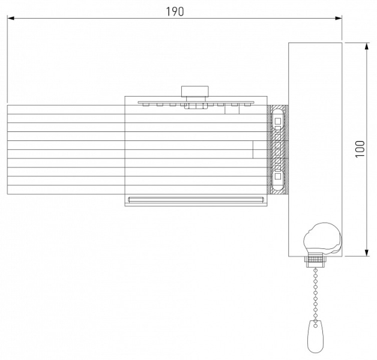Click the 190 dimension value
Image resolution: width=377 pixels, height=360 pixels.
pyautogui.click(x=175, y=11)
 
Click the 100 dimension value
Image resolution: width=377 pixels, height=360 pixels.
pyautogui.click(x=360, y=149)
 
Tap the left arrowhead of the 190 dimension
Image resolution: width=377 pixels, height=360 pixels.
pyautogui.click(x=11, y=18)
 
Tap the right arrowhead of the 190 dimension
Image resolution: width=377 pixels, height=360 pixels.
pyautogui.click(x=339, y=18)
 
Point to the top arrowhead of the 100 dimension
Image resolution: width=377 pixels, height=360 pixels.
pyautogui.click(x=366, y=46)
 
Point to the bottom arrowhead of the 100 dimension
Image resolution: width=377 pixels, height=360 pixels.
pyautogui.click(x=366, y=253)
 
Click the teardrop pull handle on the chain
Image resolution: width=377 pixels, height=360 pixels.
pyautogui.click(x=315, y=337)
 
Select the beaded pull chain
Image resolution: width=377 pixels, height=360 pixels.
pyautogui.click(x=315, y=294)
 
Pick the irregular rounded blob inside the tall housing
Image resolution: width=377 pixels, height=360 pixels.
pyautogui.click(x=322, y=238)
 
